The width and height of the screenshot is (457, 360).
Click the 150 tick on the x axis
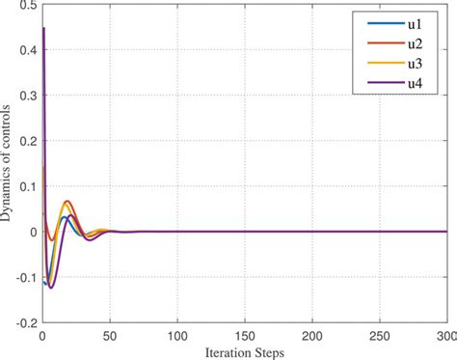(245, 335)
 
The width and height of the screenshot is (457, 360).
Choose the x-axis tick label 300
(446, 335)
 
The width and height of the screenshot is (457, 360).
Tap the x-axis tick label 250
(380, 335)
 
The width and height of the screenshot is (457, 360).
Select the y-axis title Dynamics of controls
(8, 165)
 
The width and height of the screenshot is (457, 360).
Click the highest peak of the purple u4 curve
(43, 30)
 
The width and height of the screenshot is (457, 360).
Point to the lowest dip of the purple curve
(51, 288)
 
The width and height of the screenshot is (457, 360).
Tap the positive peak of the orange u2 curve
(67, 202)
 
